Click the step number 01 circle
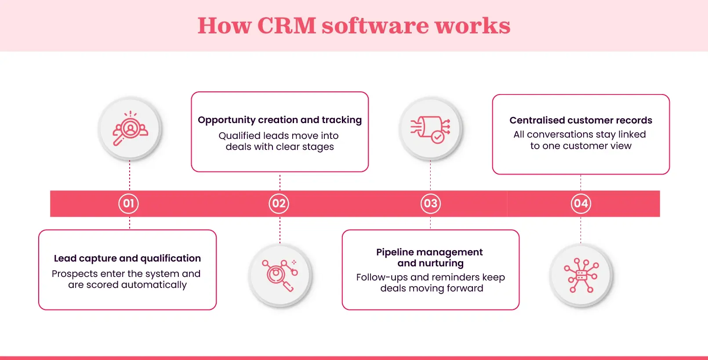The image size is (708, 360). (x=128, y=204)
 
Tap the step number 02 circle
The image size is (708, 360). (x=279, y=204)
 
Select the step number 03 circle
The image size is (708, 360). (x=430, y=204)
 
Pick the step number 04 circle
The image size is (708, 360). (x=581, y=204)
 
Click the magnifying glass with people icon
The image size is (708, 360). (x=130, y=128)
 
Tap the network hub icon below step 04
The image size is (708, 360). (x=581, y=276)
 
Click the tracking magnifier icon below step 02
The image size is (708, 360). (x=280, y=276)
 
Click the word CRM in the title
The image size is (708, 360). (x=286, y=25)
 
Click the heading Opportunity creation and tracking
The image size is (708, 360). (x=280, y=120)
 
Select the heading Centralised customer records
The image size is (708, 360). (x=581, y=120)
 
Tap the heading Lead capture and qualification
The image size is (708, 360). (x=127, y=258)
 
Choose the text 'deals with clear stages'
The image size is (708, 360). (x=280, y=147)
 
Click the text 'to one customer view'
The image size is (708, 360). (x=581, y=146)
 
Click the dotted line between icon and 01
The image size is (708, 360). (x=130, y=175)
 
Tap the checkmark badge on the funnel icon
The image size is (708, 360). (x=437, y=137)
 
